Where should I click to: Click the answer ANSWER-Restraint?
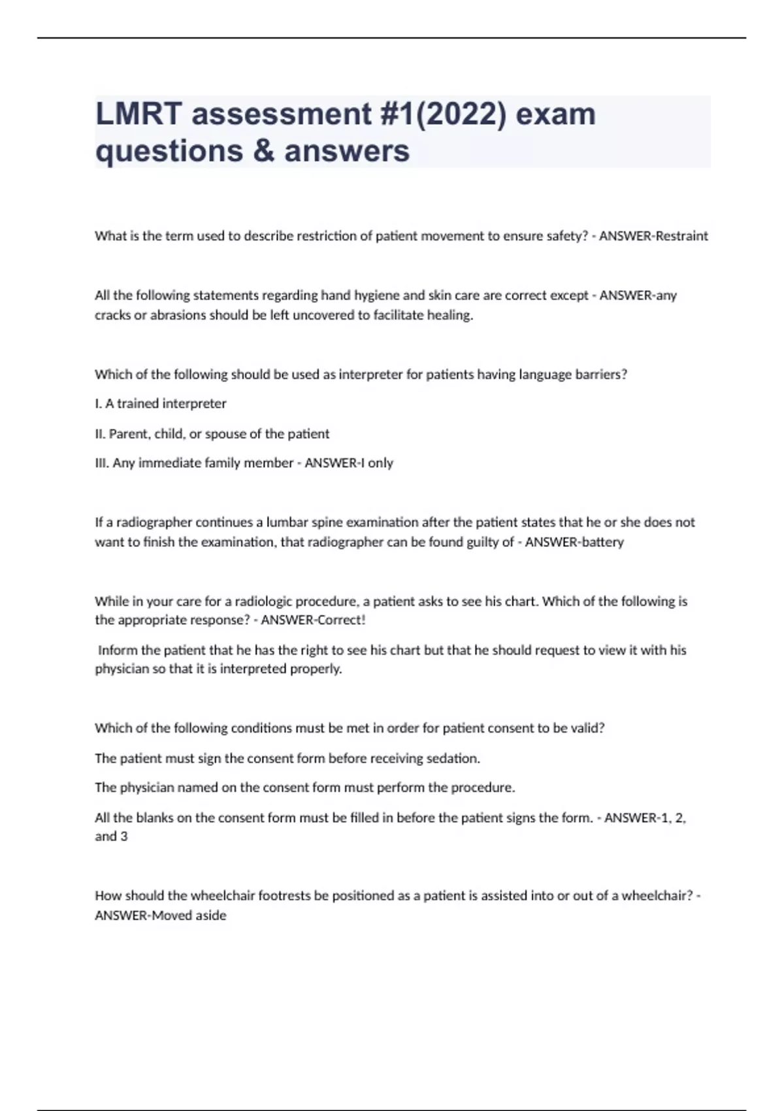(653, 236)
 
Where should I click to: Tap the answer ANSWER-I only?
(349, 463)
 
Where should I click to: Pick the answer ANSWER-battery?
(574, 542)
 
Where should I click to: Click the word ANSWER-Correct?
(313, 620)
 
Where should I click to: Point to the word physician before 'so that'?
(122, 669)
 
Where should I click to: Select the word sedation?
(453, 758)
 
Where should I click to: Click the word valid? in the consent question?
(587, 728)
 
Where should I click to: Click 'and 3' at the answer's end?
(111, 837)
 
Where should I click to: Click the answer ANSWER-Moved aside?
(161, 916)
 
